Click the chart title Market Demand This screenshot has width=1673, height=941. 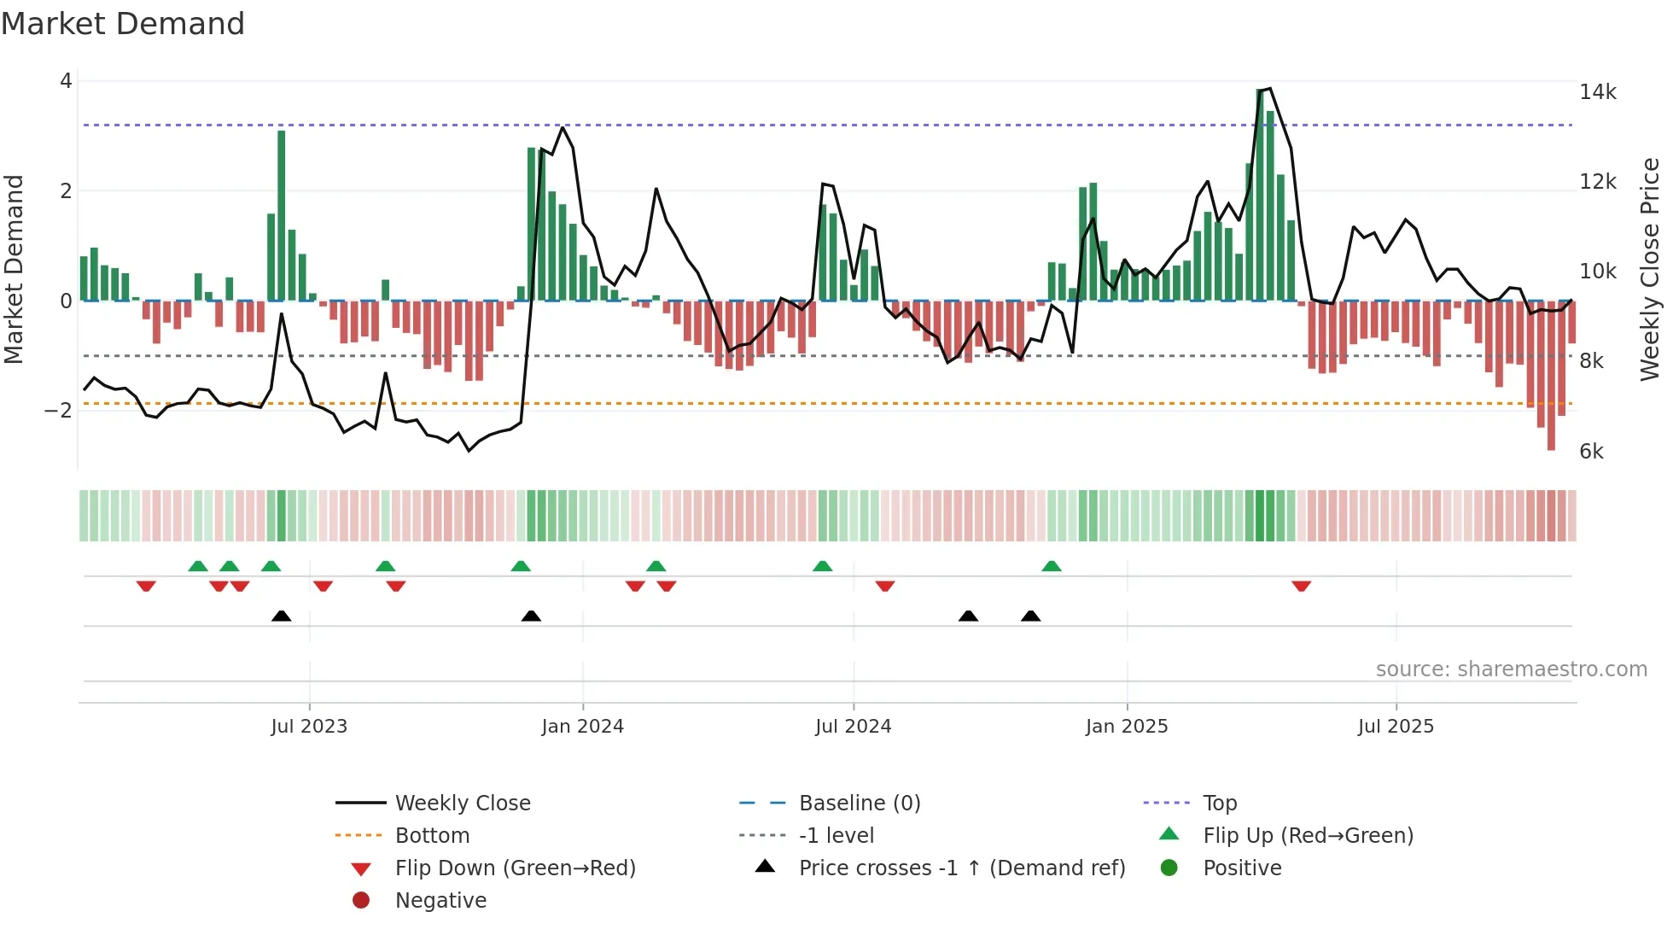(x=123, y=24)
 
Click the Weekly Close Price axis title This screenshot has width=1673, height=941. (x=1650, y=269)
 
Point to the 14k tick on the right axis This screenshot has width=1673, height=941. (x=1597, y=92)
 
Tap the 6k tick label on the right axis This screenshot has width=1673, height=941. (x=1591, y=452)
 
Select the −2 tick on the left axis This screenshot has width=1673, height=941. (x=58, y=411)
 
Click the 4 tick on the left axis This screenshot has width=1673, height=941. (x=66, y=81)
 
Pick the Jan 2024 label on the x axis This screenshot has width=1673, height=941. (x=582, y=727)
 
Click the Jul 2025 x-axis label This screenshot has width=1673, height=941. (x=1396, y=727)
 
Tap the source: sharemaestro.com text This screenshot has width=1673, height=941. (x=1511, y=669)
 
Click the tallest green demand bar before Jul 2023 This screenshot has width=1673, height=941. (x=282, y=213)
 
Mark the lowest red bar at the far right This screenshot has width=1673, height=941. (x=1551, y=376)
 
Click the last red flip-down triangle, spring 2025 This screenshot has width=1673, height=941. (x=1301, y=586)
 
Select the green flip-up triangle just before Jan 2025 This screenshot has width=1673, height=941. (x=1052, y=566)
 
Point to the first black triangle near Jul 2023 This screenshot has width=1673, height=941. (x=282, y=616)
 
